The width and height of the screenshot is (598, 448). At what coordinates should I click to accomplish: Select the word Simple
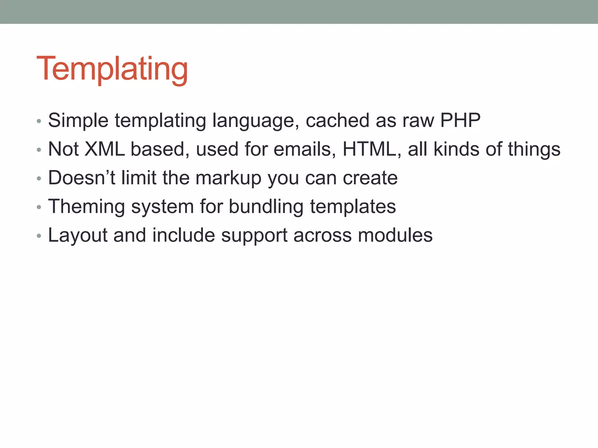tap(78, 120)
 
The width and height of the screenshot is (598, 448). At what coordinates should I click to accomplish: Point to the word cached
tap(337, 120)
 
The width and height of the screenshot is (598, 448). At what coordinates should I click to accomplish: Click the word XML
tap(105, 149)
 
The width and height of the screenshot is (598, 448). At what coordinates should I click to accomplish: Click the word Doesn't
tap(82, 178)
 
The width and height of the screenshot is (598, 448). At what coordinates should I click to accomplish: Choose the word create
tap(370, 178)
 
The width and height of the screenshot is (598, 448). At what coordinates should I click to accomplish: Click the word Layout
tap(78, 235)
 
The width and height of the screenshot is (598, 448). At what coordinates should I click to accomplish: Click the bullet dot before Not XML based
tap(39, 150)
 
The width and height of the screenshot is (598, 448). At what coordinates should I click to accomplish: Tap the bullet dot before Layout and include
tap(39, 236)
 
